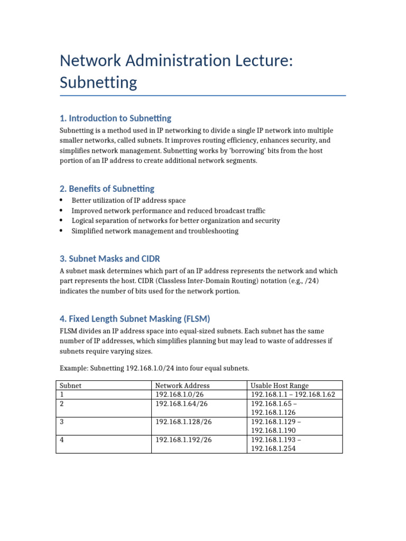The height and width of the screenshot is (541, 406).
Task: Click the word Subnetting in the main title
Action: coord(98,82)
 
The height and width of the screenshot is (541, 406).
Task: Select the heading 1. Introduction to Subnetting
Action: coord(115,118)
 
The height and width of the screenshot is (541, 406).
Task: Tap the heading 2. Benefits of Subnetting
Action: coord(107,189)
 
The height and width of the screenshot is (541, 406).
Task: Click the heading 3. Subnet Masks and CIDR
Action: coord(109,258)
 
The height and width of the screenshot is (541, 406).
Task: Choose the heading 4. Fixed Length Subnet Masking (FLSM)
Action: coord(135,319)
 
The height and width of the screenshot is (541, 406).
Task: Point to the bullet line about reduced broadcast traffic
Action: coord(168,211)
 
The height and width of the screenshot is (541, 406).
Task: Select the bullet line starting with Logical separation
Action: coord(176,221)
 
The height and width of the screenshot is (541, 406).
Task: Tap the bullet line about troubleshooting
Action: coord(155,231)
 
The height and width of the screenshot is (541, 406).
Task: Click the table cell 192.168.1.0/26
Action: coord(181,395)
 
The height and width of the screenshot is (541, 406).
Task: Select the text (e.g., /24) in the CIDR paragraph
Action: coord(303,281)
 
